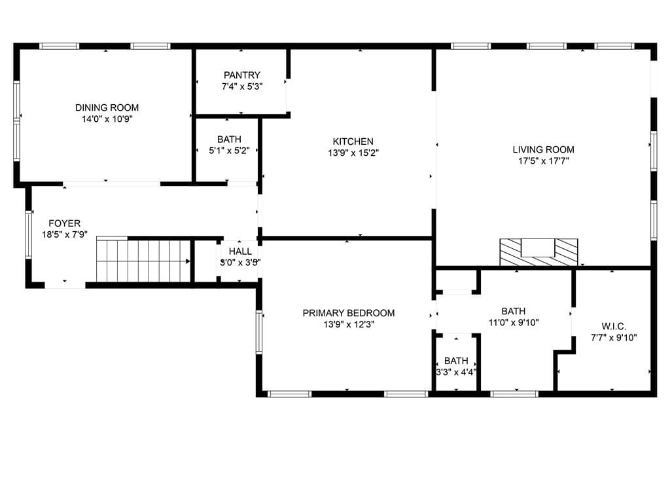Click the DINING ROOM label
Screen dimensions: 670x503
click(x=107, y=108)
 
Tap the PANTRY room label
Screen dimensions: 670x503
click(x=242, y=75)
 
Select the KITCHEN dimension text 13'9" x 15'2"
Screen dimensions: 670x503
click(x=353, y=153)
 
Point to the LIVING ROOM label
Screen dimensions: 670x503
click(x=544, y=150)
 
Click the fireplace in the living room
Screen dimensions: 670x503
click(x=539, y=252)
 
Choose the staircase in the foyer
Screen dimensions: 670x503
click(x=143, y=259)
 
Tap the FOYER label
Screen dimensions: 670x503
click(x=65, y=223)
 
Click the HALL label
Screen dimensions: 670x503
click(x=240, y=251)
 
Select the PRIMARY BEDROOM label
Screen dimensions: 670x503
click(x=349, y=313)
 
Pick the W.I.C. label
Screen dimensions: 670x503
click(x=614, y=326)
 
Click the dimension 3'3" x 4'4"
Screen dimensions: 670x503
click(x=456, y=372)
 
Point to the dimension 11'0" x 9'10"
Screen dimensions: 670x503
click(x=514, y=322)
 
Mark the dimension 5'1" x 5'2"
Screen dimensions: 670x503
click(x=230, y=151)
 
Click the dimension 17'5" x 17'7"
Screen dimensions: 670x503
click(x=544, y=161)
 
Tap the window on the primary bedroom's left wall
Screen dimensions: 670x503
click(x=259, y=332)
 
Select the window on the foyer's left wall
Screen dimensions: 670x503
click(x=29, y=234)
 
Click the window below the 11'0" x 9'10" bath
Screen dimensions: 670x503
click(x=514, y=394)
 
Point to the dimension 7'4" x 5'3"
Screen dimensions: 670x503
click(x=242, y=86)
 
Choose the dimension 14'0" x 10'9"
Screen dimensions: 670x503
click(x=107, y=119)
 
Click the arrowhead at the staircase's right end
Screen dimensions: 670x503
click(x=188, y=261)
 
